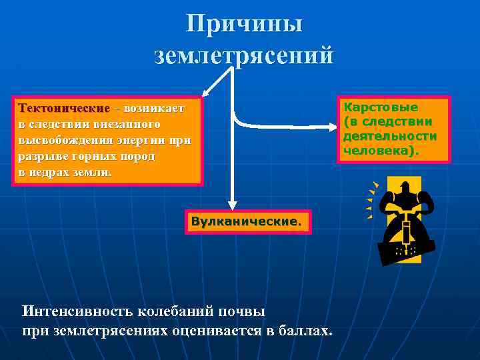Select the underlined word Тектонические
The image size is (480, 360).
[x=64, y=108]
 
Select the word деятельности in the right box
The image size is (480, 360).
[x=390, y=136]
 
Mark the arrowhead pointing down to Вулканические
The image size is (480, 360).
[x=232, y=205]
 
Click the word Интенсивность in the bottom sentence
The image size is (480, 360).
[x=78, y=311]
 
